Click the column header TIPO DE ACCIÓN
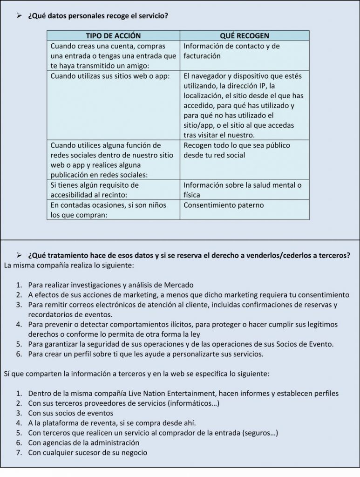click(x=113, y=35)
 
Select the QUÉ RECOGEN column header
click(x=244, y=35)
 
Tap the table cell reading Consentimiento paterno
click(x=224, y=205)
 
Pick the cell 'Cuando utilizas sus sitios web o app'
click(x=110, y=75)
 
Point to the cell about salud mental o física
click(x=243, y=190)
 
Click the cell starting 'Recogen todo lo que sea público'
click(x=237, y=150)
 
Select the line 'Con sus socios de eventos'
click(x=70, y=413)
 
